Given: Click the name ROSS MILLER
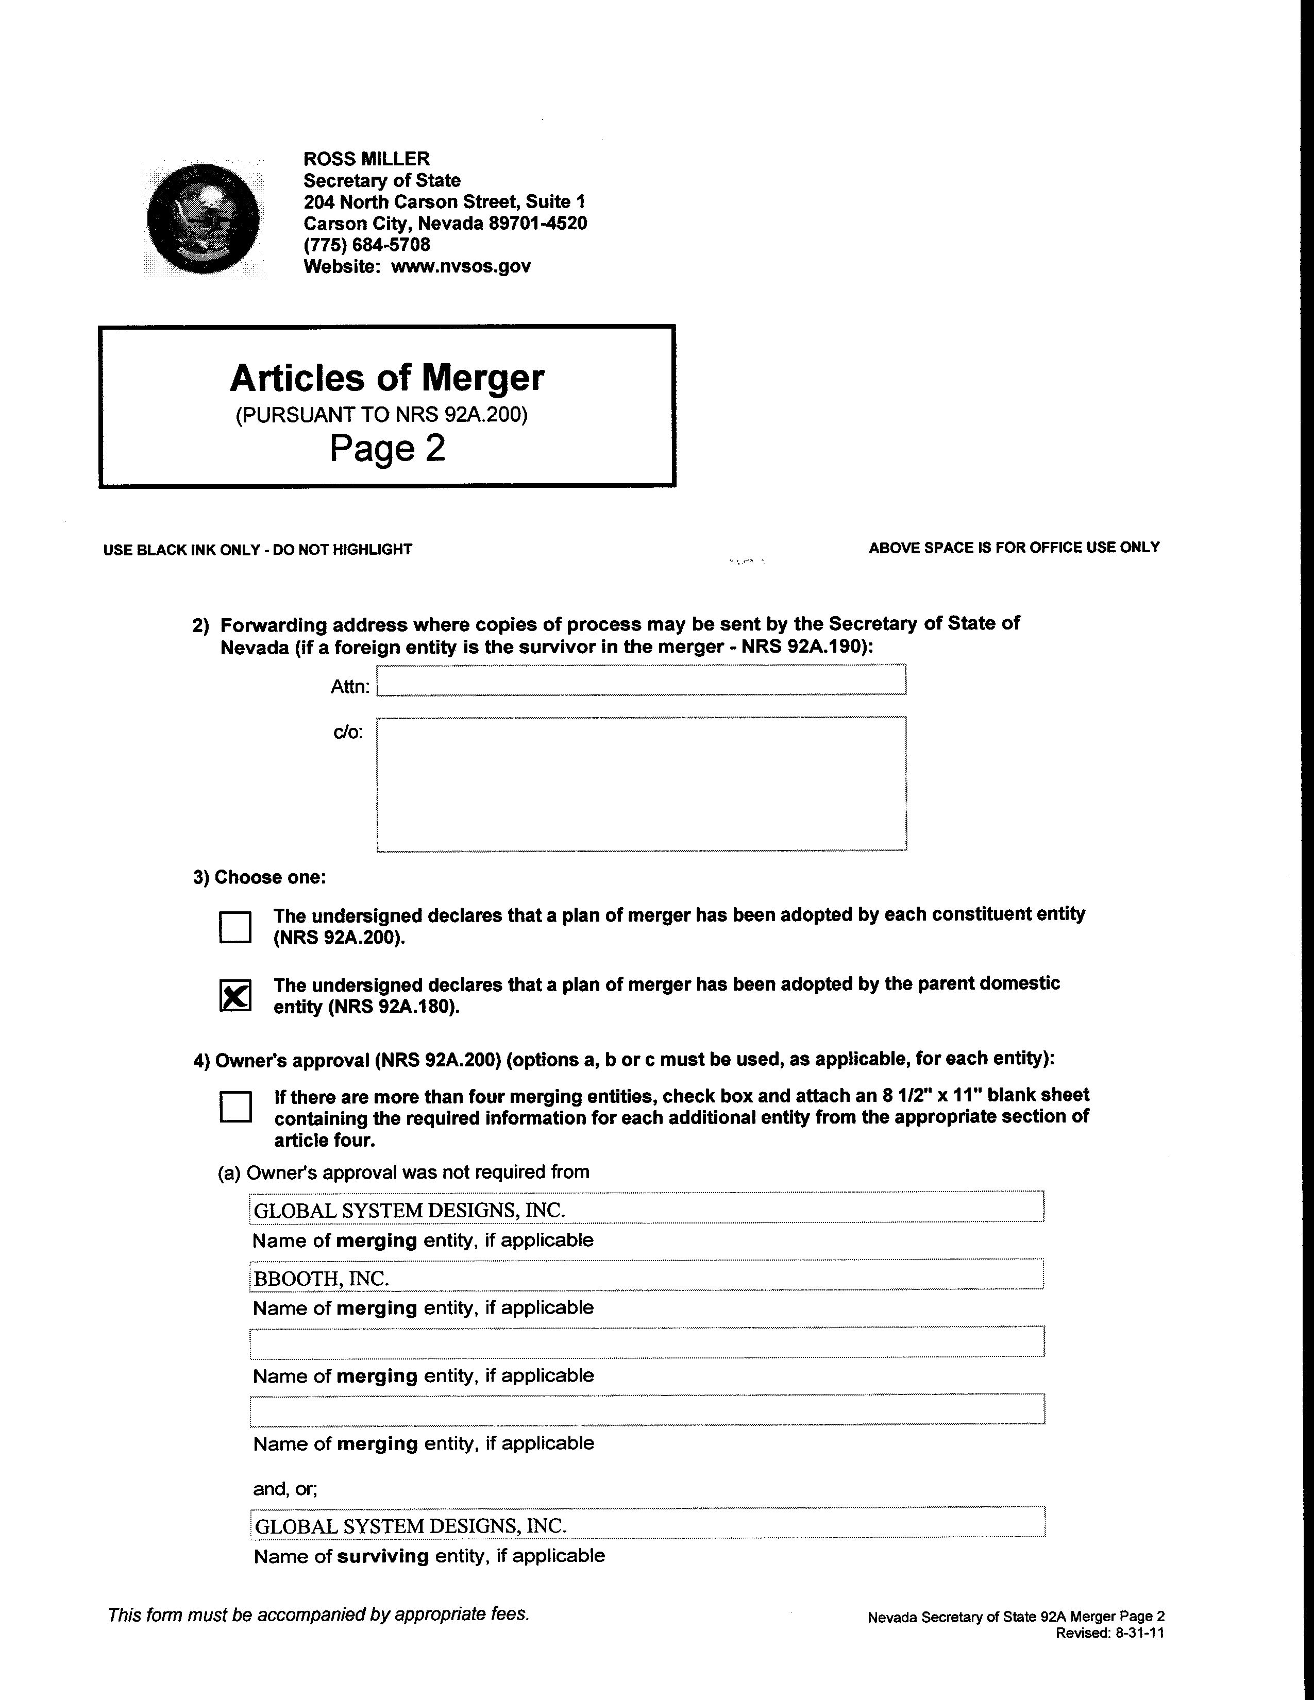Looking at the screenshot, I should click(x=366, y=160).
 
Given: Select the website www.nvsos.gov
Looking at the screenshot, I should click(x=460, y=267).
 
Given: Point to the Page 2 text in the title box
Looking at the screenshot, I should click(x=387, y=448).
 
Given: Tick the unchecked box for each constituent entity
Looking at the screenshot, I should click(x=235, y=927).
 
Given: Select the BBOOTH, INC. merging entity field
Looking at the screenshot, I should click(x=646, y=1278).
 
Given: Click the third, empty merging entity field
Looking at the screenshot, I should click(x=646, y=1342).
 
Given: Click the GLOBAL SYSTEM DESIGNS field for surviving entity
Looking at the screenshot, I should click(x=646, y=1526).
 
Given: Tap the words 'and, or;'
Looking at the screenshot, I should click(x=285, y=1489).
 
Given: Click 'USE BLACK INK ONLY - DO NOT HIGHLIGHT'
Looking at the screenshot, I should click(x=258, y=550).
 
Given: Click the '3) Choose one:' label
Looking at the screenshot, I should click(x=259, y=877).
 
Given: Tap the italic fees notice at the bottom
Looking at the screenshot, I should click(x=318, y=1614).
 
